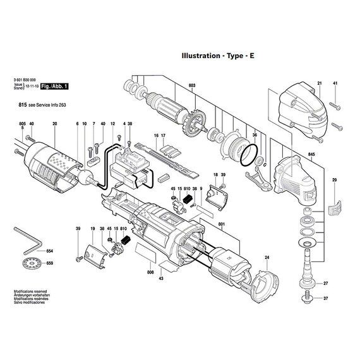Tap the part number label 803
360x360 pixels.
(x=192, y=85)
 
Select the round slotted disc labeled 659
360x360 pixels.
(x=28, y=263)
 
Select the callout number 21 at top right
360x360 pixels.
(x=320, y=83)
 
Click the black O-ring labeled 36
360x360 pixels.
(x=251, y=152)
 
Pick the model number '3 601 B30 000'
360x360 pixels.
(x=27, y=79)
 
